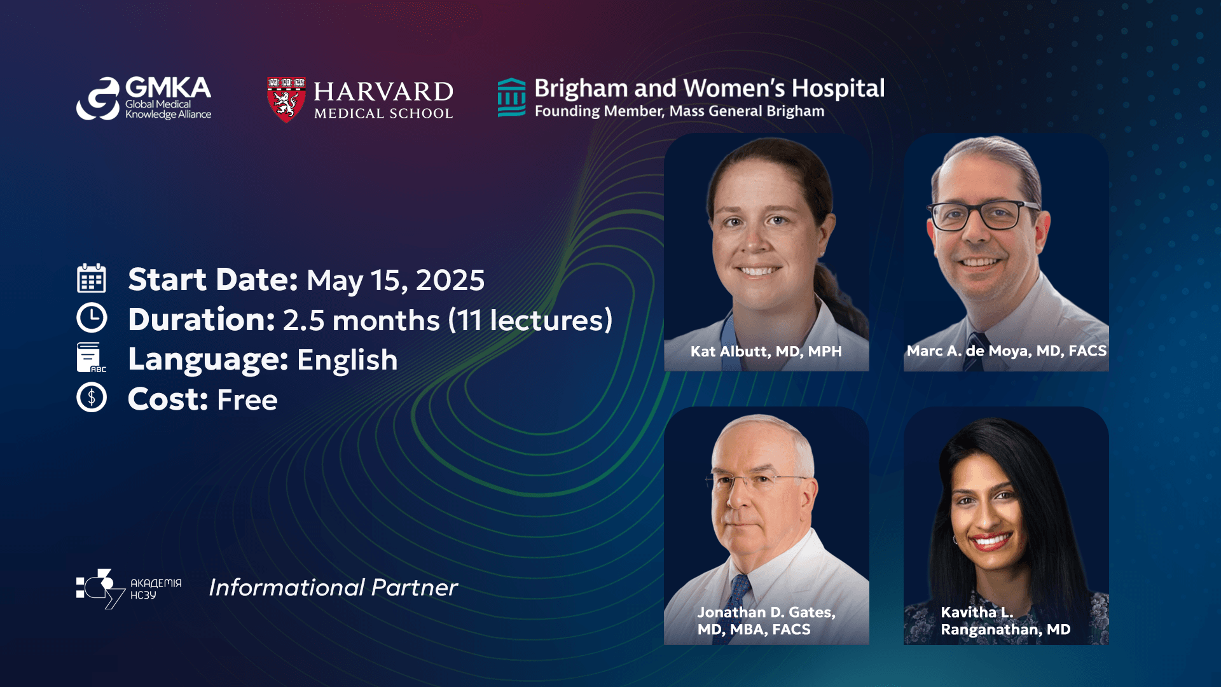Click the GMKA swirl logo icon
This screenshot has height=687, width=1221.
(x=99, y=99)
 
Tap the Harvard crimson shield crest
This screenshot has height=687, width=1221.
(x=286, y=100)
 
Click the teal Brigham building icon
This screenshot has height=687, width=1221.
(x=511, y=98)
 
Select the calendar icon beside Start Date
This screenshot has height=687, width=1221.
(x=92, y=279)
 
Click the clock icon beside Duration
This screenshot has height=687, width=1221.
(x=92, y=318)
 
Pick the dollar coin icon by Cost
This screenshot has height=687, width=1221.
(x=92, y=398)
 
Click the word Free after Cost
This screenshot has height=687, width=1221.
(x=247, y=400)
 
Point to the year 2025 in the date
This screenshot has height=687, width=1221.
(x=450, y=281)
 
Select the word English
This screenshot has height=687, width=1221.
(x=347, y=360)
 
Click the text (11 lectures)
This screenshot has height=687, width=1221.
(x=530, y=320)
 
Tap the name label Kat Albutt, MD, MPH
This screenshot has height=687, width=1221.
(x=766, y=351)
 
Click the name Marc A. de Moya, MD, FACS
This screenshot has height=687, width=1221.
(x=1006, y=350)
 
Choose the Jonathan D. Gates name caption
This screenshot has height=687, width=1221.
(x=766, y=620)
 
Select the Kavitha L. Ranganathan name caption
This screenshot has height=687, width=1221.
(x=1005, y=620)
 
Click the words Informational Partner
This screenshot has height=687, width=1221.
(x=333, y=587)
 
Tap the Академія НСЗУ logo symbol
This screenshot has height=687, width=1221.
(x=100, y=588)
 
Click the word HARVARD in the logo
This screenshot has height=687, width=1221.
(x=383, y=92)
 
